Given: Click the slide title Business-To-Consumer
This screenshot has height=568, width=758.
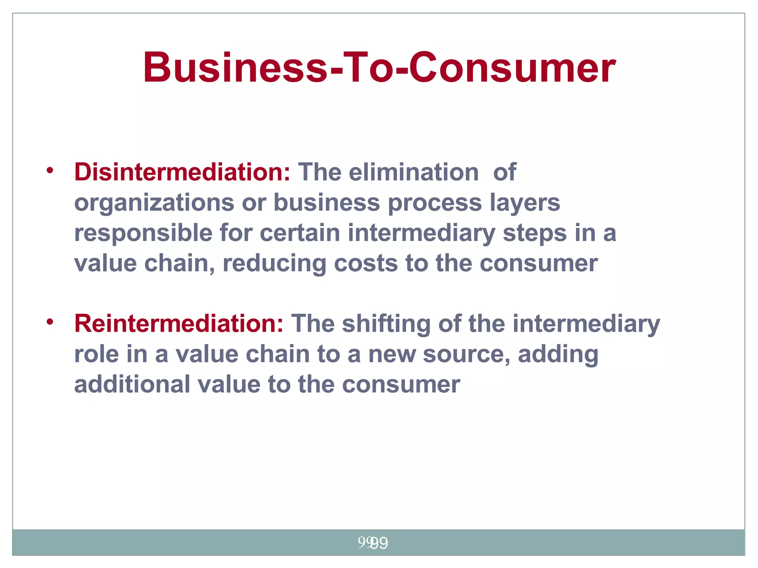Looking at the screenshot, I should (379, 68).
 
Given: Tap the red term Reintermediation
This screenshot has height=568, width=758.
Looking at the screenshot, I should (179, 324).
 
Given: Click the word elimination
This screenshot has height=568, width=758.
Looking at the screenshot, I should (413, 172).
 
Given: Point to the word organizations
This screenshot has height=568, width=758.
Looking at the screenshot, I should (154, 203).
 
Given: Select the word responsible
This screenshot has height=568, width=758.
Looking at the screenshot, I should (143, 234).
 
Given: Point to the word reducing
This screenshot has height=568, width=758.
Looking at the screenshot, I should (274, 264).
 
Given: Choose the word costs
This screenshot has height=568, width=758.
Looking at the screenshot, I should (366, 264).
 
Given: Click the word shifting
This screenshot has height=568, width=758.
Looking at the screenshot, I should (386, 324).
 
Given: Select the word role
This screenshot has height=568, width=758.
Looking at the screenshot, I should (97, 354).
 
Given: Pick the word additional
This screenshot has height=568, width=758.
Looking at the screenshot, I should (132, 385).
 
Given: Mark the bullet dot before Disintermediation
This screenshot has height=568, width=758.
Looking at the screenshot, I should (50, 170).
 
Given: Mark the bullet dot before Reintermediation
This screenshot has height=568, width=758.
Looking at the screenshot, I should (50, 322).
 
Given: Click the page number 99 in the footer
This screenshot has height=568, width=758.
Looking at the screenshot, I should (373, 543).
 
